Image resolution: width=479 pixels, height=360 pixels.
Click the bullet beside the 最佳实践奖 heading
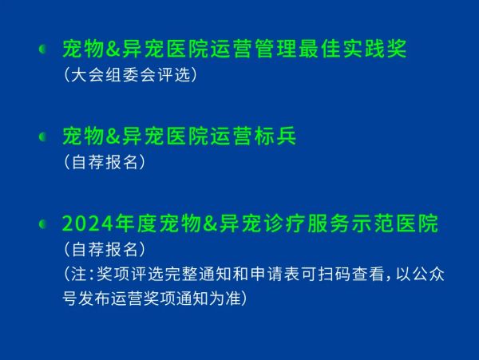43,49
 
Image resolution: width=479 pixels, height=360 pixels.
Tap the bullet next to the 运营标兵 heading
43,136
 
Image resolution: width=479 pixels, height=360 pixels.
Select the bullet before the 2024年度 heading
43,224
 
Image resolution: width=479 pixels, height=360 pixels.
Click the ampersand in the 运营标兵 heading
113,136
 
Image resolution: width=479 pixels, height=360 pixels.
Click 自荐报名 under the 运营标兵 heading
105,162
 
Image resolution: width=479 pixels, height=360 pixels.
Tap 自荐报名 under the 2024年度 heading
105,249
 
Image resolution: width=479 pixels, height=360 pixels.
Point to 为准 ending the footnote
225,298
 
